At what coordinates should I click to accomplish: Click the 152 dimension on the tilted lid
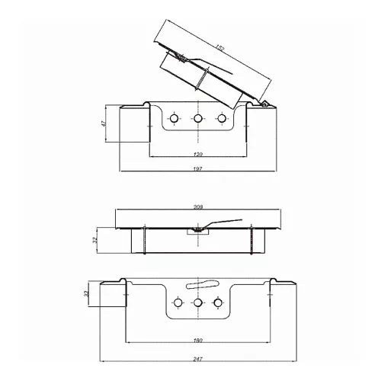[x=220, y=48]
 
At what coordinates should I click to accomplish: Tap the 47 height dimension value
[x=104, y=123]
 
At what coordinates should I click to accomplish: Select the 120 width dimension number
[x=198, y=154]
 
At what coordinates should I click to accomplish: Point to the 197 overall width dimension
[x=197, y=168]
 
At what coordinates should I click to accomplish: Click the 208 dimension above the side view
[x=198, y=207]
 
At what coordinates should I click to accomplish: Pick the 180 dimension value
[x=198, y=340]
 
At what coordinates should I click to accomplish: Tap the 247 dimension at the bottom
[x=197, y=359]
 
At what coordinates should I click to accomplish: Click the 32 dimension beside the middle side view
[x=94, y=240]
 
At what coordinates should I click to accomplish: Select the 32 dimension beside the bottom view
[x=86, y=293]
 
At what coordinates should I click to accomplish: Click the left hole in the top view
[x=174, y=118]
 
